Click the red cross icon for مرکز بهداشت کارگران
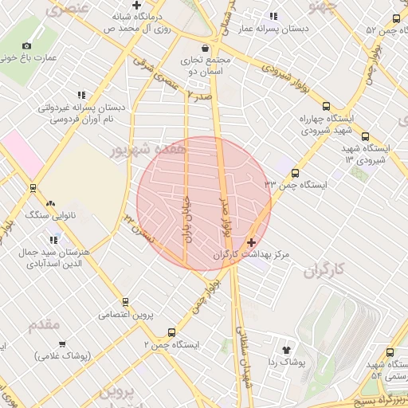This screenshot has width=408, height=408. [253, 242]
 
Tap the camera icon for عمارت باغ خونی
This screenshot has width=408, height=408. [27, 45]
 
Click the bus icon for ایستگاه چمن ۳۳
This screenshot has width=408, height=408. [296, 172]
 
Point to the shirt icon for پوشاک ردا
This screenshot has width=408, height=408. [287, 349]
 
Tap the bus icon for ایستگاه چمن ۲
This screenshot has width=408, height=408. [171, 332]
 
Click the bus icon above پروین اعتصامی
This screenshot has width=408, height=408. [125, 302]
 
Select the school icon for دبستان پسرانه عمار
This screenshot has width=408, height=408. [273, 16]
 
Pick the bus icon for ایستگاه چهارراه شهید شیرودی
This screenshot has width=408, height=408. [325, 106]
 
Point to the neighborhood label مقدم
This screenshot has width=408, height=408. [44, 325]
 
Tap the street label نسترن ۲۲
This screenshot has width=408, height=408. [137, 229]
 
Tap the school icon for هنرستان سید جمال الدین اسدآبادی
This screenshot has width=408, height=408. [54, 239]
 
